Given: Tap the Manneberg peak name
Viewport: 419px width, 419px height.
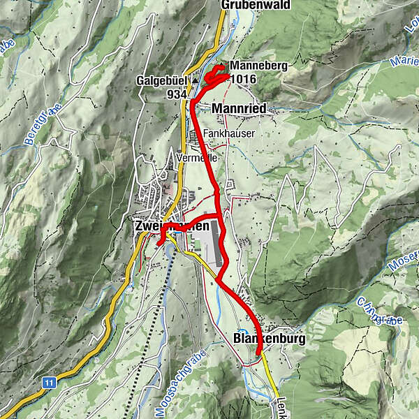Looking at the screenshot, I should [x=258, y=65].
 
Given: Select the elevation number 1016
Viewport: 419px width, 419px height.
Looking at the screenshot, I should [x=244, y=79].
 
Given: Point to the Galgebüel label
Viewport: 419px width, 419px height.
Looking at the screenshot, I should [x=162, y=80].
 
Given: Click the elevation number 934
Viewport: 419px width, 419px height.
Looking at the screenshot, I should [x=177, y=94].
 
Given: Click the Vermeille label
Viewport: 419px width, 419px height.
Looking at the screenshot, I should [x=198, y=158].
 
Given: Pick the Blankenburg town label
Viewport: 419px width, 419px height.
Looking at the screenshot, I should [x=267, y=339].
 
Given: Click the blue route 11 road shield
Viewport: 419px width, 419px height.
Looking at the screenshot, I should [x=48, y=382].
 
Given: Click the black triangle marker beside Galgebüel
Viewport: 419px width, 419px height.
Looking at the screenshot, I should [x=196, y=80].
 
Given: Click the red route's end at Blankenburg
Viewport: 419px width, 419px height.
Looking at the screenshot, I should [x=258, y=354].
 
